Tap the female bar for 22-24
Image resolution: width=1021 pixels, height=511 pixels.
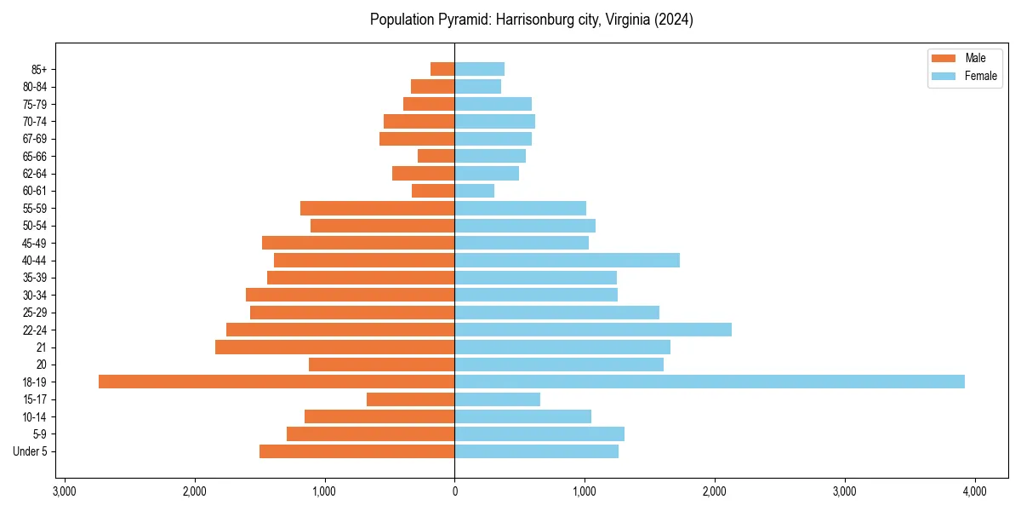click(x=593, y=330)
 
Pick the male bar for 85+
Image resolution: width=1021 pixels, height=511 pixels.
click(x=442, y=69)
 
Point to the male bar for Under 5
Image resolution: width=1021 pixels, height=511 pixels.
click(x=357, y=451)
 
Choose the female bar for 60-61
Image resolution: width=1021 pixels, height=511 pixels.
click(x=475, y=191)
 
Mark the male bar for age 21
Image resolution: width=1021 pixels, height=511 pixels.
click(x=335, y=347)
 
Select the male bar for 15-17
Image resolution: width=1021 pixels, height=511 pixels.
click(x=411, y=399)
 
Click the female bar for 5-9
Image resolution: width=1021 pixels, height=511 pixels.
click(x=539, y=433)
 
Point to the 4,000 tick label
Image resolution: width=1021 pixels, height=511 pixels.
click(x=974, y=491)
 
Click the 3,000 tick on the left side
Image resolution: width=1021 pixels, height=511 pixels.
click(x=65, y=491)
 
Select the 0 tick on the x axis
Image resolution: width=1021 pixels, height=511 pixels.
click(x=454, y=491)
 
